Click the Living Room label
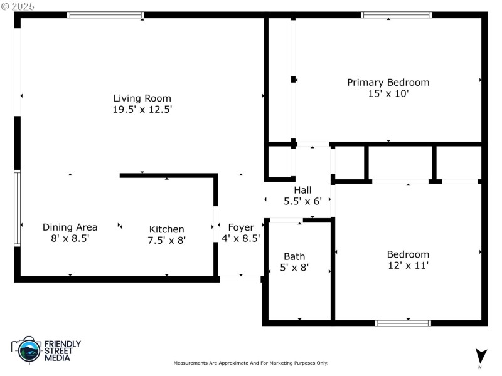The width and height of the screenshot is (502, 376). point(142,98)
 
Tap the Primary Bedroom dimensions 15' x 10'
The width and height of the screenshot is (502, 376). point(388,94)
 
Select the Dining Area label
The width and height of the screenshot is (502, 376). point(70,227)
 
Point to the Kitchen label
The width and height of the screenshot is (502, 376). point(166,229)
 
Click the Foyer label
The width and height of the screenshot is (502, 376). point(241,227)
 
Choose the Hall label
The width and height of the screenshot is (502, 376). point(302,191)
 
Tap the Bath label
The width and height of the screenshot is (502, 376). point(294,256)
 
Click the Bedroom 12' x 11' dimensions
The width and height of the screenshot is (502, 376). point(408,266)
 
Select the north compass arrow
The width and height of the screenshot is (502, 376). point(481,355)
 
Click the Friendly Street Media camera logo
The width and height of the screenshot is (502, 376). point(27,350)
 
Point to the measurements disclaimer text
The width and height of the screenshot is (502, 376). point(250,363)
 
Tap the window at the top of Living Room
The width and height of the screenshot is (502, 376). point(105,14)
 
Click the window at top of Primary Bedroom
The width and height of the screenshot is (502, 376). point(397,14)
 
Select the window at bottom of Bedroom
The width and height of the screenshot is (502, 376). point(402,323)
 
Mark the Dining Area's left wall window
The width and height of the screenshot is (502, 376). point(18,209)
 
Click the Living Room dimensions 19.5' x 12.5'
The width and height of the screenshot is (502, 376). point(142,109)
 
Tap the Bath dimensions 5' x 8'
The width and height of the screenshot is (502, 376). point(294,268)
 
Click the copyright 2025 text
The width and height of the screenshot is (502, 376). point(18,5)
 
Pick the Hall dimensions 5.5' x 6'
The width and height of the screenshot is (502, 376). point(302,202)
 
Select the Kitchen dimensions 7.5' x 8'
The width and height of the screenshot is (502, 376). point(166,240)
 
